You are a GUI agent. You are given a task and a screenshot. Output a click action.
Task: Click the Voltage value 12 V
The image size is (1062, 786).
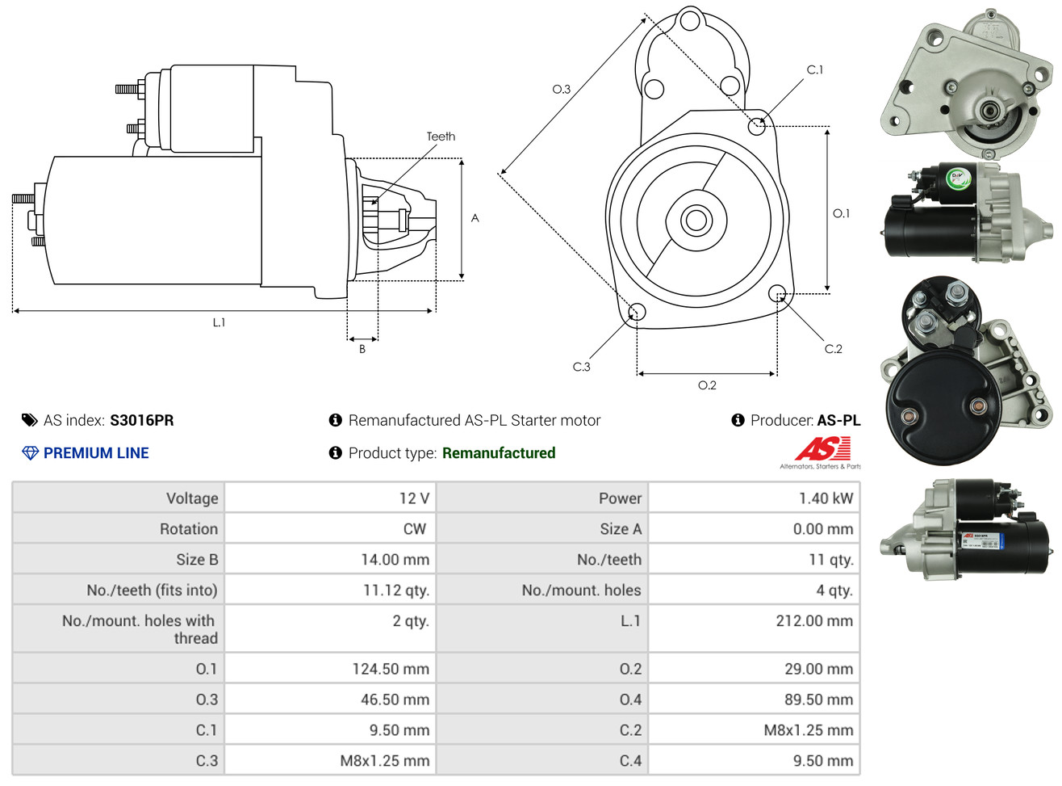pyautogui.click(x=414, y=498)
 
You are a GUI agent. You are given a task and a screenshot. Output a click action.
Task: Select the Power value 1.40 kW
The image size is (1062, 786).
pyautogui.click(x=826, y=498)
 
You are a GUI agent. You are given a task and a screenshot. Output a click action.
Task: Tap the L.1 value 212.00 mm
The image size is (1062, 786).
pyautogui.click(x=813, y=621)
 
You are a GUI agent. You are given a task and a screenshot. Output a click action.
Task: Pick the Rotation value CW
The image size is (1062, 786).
pyautogui.click(x=414, y=529)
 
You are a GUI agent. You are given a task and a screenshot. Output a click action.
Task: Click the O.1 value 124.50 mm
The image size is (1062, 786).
pyautogui.click(x=391, y=669)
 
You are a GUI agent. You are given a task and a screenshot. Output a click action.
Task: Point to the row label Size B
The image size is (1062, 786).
pyautogui.click(x=197, y=560)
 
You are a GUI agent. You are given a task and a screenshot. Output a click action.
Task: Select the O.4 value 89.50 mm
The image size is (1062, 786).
pyautogui.click(x=818, y=700)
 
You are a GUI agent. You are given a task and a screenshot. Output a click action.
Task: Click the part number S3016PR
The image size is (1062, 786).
pyautogui.click(x=141, y=420)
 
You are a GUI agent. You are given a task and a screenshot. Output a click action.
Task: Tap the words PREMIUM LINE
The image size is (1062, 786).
pyautogui.click(x=96, y=453)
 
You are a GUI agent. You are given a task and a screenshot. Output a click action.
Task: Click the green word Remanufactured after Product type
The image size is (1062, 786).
pyautogui.click(x=498, y=453)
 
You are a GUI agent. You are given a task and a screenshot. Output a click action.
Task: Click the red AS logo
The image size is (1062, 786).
pyautogui.click(x=822, y=448)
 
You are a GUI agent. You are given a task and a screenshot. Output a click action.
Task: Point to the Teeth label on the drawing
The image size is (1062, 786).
pyautogui.click(x=441, y=137)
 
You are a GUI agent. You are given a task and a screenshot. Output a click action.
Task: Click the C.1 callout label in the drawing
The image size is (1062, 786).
pyautogui.click(x=815, y=70)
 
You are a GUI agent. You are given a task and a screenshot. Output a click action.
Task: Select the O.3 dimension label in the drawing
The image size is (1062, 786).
pyautogui.click(x=561, y=89)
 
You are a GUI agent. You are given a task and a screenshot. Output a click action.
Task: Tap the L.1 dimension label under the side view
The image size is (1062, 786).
pyautogui.click(x=219, y=322)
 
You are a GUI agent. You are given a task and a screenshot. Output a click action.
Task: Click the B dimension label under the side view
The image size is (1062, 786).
pyautogui.click(x=362, y=349)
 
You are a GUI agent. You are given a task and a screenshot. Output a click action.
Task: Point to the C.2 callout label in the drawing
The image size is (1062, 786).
pyautogui.click(x=833, y=349)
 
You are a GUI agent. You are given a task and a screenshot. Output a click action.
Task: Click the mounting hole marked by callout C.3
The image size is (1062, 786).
pyautogui.click(x=636, y=312)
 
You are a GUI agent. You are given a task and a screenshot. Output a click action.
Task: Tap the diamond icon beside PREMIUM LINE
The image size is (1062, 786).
pyautogui.click(x=30, y=453)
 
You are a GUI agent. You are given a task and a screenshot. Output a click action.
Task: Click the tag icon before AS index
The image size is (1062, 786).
pyautogui.click(x=30, y=420)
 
